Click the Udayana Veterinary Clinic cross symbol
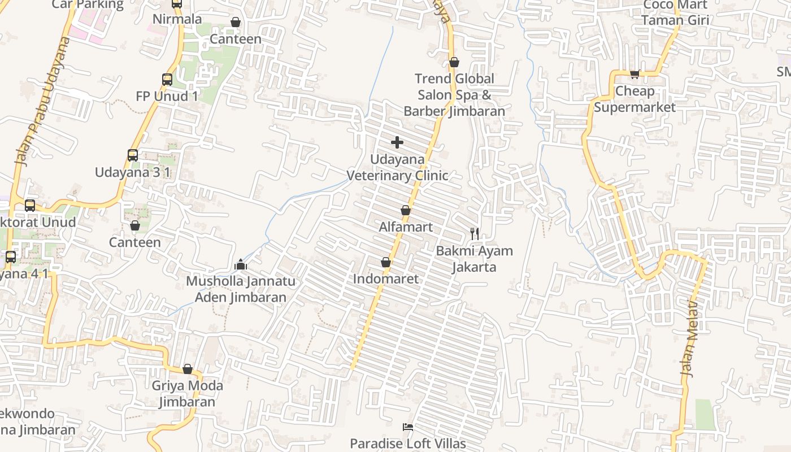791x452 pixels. click(x=397, y=142)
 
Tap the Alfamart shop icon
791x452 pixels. click(x=405, y=211)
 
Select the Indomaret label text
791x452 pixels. click(x=386, y=279)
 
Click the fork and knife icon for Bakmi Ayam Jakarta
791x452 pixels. click(x=475, y=233)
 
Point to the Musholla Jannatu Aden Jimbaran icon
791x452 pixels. click(x=241, y=264)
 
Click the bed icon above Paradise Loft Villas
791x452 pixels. click(x=407, y=427)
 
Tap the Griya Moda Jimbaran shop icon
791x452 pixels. click(x=188, y=370)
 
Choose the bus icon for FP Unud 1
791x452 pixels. click(x=167, y=80)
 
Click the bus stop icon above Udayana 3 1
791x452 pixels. click(x=133, y=155)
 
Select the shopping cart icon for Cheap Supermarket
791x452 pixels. click(x=635, y=74)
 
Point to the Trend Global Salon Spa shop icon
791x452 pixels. click(x=454, y=62)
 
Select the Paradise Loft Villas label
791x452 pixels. click(x=408, y=444)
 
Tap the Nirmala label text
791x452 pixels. click(x=177, y=19)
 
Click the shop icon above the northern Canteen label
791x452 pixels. click(x=236, y=23)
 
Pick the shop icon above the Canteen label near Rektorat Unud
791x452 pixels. click(x=135, y=226)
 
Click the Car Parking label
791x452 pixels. click(x=88, y=5)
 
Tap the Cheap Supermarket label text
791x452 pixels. click(x=634, y=99)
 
